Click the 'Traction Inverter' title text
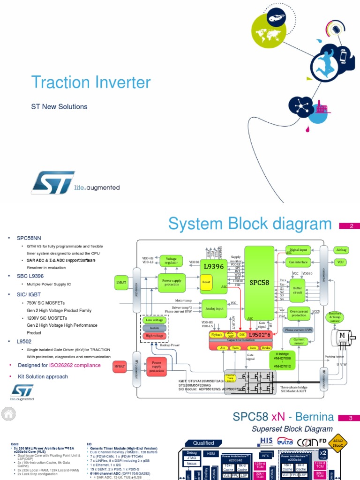(91, 83)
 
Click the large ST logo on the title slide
(53, 182)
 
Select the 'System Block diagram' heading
(250, 225)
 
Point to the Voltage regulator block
(171, 261)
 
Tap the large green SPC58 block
(259, 283)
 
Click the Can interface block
(299, 262)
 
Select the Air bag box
(340, 250)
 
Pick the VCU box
(340, 262)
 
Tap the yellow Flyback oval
(217, 335)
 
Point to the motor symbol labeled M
(342, 335)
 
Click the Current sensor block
(299, 342)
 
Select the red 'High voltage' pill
(154, 335)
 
